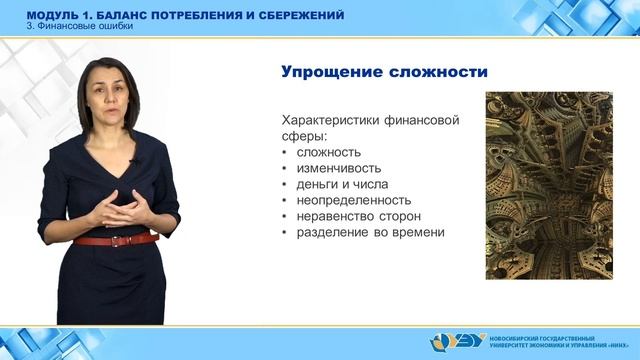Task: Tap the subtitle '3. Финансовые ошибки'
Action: point(80,27)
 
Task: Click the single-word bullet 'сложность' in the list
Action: point(326,153)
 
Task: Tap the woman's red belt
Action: point(114,241)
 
